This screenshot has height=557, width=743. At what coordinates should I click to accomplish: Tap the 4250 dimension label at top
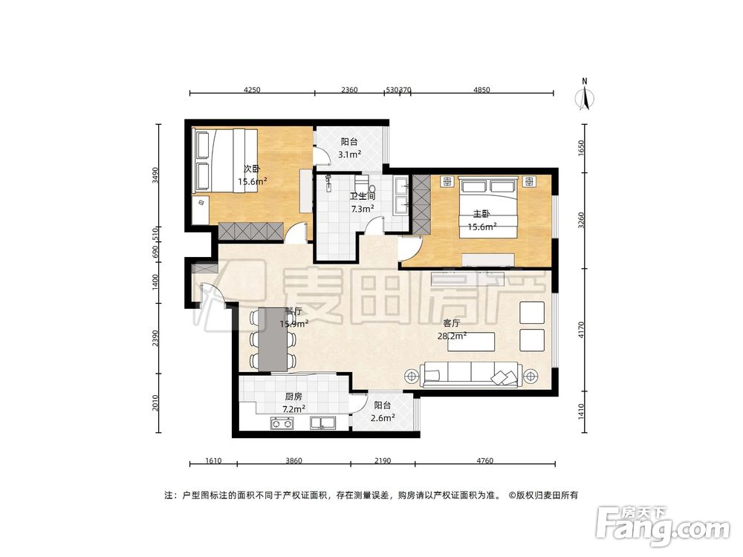point(252,90)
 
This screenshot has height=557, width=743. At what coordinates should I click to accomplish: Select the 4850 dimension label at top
point(482,90)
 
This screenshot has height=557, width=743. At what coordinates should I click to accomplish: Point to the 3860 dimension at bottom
point(293,461)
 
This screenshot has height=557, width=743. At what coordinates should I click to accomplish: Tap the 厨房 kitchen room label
point(293,397)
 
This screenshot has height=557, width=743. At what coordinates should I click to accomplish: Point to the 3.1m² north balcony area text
point(349,154)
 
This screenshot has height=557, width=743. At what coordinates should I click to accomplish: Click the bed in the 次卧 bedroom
point(226,161)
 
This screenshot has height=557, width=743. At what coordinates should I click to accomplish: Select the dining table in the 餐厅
point(274,339)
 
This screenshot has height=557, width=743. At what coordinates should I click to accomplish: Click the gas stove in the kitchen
point(282,425)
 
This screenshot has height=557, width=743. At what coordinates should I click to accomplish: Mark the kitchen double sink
point(325,425)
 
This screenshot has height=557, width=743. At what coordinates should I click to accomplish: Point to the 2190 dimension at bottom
point(383,461)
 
